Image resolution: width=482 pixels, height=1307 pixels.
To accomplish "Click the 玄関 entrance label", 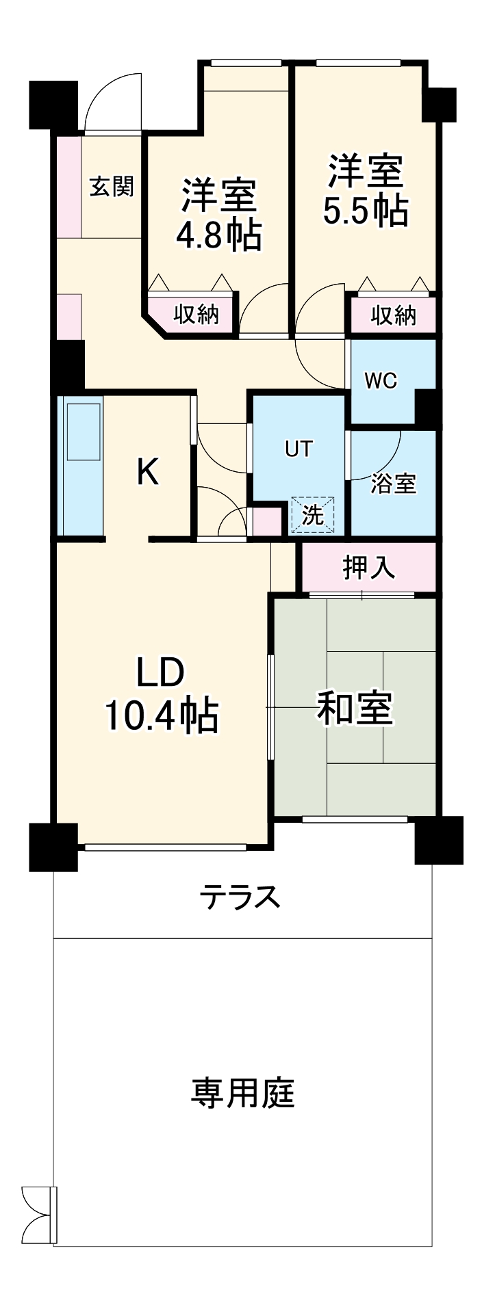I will coord(111,186).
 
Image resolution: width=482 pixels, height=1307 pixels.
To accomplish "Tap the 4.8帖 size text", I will coord(218,236).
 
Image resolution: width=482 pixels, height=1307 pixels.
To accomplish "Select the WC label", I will coord(381,381).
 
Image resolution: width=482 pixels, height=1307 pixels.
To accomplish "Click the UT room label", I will coord(299,449).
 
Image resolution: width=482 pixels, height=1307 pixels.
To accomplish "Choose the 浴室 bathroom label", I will coord(393,483).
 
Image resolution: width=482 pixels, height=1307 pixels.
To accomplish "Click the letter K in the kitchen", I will coord(148,471).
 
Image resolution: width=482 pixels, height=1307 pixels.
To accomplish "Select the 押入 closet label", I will coord(369,567).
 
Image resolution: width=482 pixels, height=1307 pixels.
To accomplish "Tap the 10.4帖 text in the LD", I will coord(161,716).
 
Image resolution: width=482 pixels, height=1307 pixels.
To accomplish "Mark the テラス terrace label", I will coord(240,896).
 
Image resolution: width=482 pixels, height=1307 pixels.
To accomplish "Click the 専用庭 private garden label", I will coord(242,1093).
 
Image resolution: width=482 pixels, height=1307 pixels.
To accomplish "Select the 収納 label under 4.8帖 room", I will coord(195,315).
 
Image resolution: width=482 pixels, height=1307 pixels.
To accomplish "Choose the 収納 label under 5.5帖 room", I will coord(394,315).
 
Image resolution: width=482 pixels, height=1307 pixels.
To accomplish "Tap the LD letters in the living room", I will coord(161,673).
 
